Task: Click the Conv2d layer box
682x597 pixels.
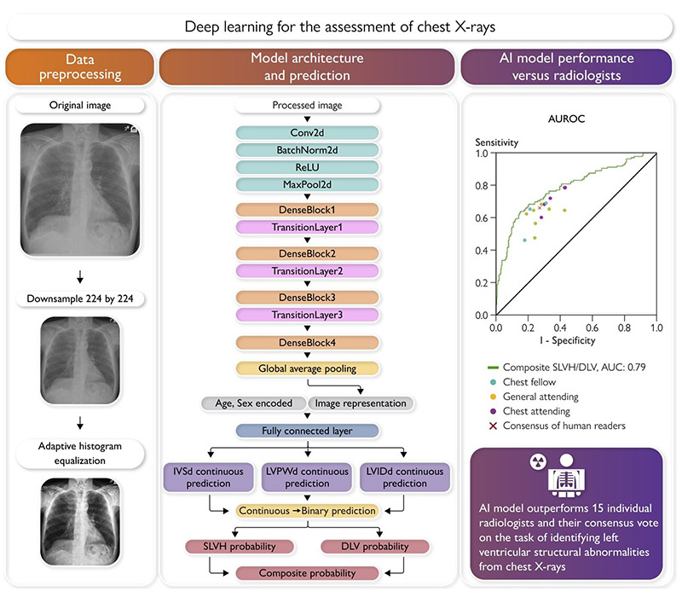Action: tap(307, 133)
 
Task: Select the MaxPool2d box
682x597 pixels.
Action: tap(307, 184)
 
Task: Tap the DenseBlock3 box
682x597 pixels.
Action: tap(307, 298)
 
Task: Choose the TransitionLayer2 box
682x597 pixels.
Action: tap(307, 271)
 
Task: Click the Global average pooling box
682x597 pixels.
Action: tap(307, 368)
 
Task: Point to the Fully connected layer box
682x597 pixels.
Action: tap(307, 431)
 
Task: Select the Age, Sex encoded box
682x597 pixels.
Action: tap(253, 403)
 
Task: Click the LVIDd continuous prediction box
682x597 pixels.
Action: tap(404, 478)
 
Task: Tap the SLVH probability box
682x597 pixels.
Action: tap(240, 547)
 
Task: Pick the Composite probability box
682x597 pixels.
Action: tap(307, 573)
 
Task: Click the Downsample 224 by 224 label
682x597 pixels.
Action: tap(80, 299)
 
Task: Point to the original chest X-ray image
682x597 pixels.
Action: tap(80, 189)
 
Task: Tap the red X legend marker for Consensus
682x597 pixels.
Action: tap(493, 426)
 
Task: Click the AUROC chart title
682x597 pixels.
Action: tap(566, 119)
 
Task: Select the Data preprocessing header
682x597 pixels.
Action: tap(80, 67)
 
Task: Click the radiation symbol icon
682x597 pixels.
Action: tap(538, 461)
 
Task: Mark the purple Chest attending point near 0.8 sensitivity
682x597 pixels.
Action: tap(564, 188)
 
